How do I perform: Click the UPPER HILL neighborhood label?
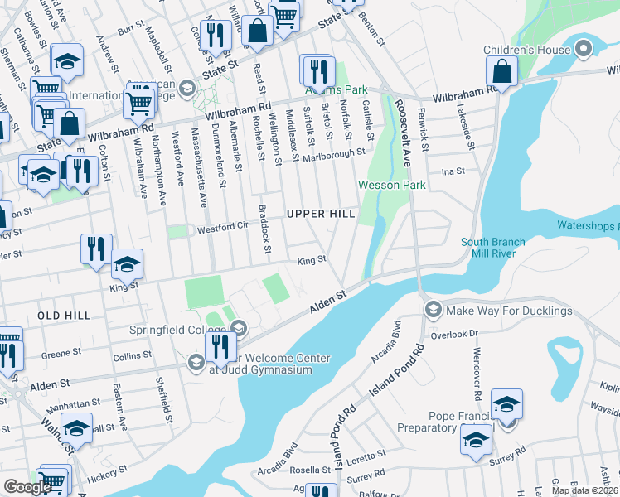coord(314,214)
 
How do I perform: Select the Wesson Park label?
coord(391,185)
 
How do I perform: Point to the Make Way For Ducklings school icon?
coord(433,311)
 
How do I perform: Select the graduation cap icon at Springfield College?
coord(237,328)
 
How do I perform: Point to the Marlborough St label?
coord(333,155)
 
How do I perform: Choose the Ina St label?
coord(453,171)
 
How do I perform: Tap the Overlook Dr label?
coord(463,333)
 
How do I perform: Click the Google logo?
coord(27,487)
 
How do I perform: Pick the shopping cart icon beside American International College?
coord(139,102)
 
